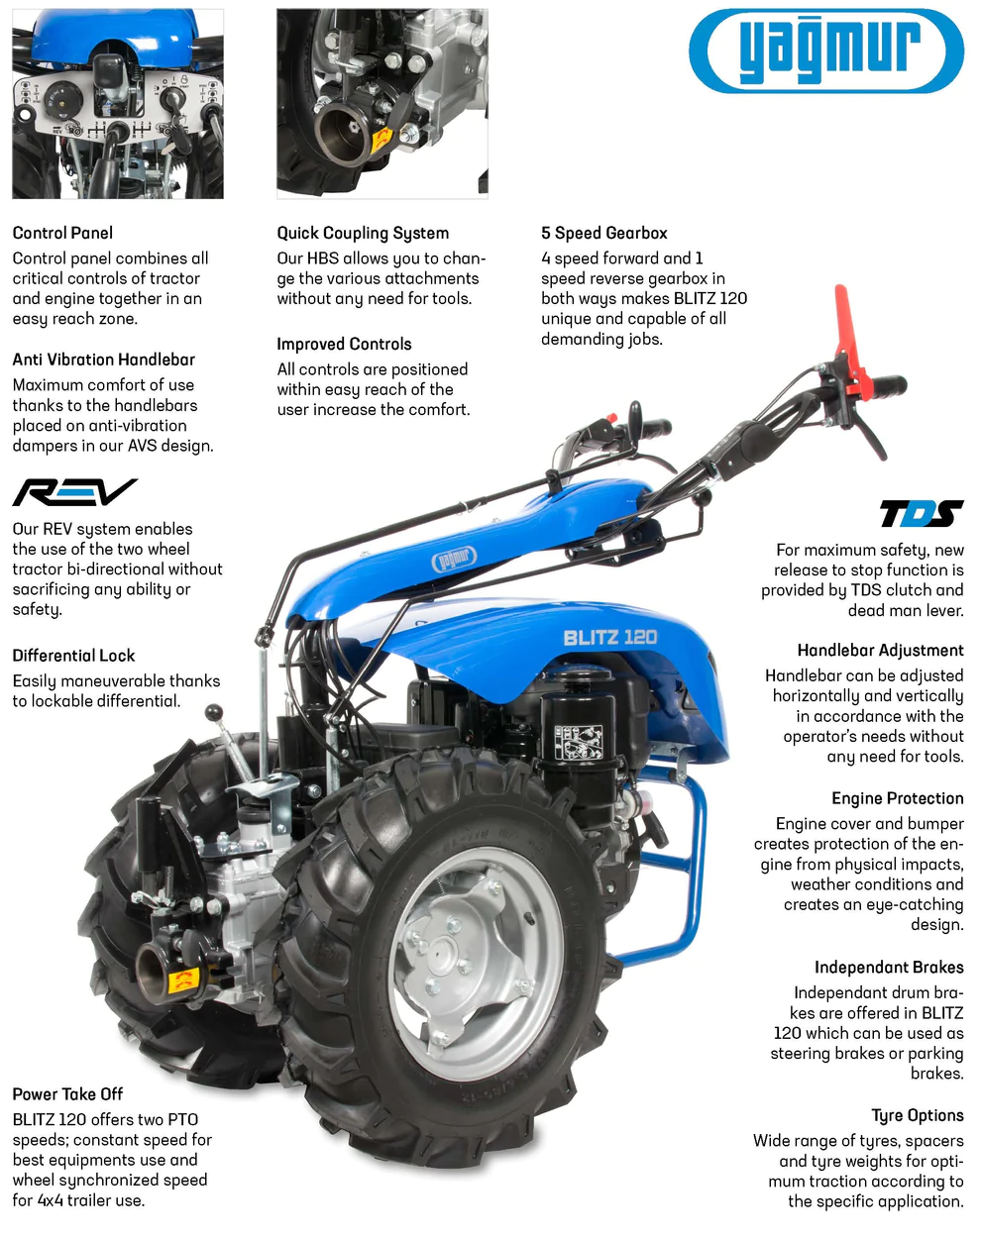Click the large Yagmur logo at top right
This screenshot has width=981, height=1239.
tap(826, 51)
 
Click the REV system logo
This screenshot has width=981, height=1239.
tap(74, 492)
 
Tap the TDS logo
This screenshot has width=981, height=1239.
tap(922, 513)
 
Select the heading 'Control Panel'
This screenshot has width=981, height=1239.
tap(62, 233)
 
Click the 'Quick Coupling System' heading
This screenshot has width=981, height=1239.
tap(363, 233)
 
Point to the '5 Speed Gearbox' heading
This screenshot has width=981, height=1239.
tap(604, 233)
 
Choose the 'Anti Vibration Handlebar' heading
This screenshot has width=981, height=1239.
tap(104, 360)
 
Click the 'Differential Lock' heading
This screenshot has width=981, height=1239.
tap(73, 656)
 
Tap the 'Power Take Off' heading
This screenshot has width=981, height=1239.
tap(68, 1094)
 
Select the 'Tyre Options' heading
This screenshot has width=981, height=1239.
tap(918, 1115)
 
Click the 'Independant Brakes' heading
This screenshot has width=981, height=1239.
tap(890, 968)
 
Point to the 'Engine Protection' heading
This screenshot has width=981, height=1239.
tap(898, 798)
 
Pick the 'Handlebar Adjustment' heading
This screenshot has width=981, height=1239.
tap(881, 651)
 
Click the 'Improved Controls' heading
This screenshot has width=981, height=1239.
tap(345, 345)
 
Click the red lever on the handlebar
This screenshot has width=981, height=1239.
tap(850, 340)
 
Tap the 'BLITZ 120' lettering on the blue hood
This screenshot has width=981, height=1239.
tap(610, 638)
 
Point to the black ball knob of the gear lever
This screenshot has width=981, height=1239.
tap(214, 713)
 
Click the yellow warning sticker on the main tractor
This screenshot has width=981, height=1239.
tap(183, 981)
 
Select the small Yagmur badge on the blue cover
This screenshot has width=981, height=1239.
tap(455, 558)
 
